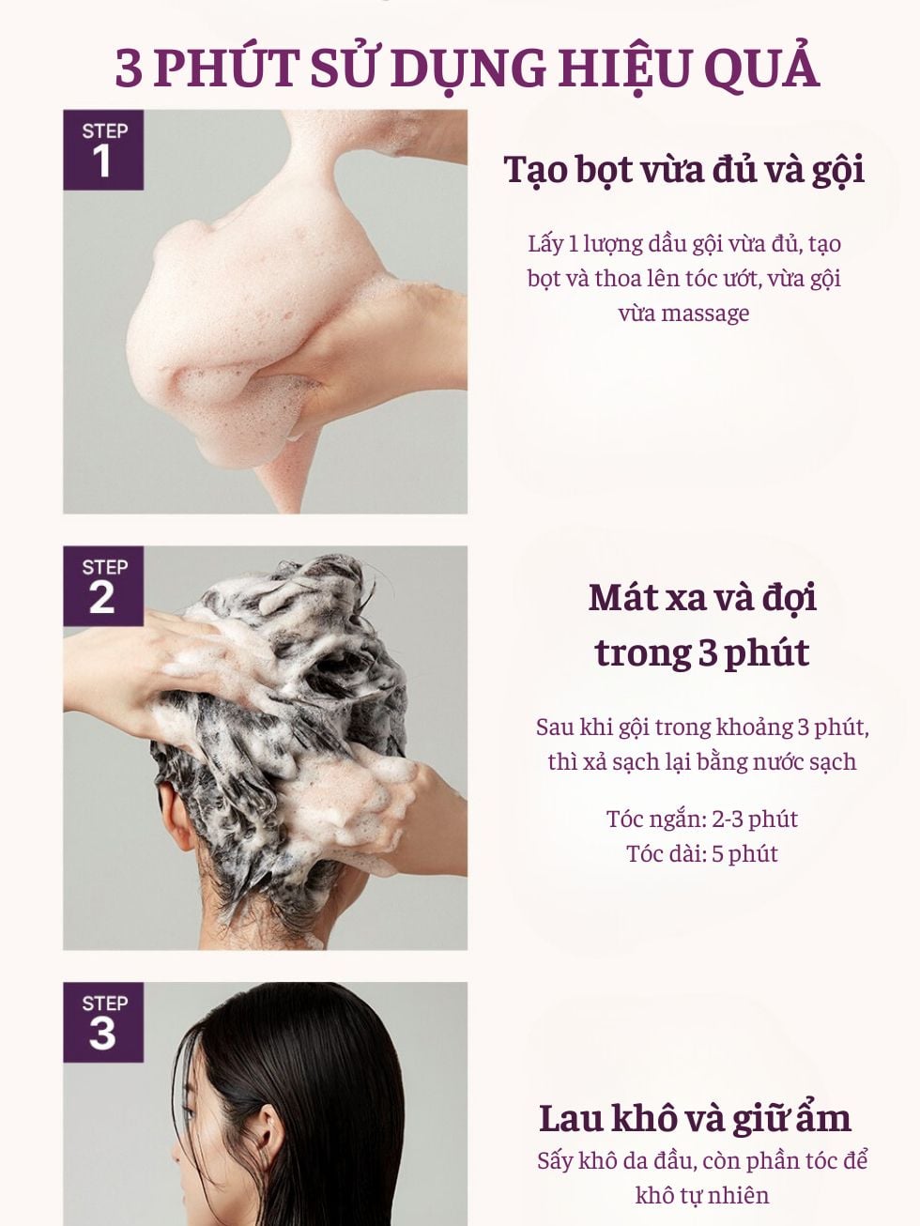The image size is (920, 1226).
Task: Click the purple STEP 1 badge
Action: pyautogui.click(x=103, y=149)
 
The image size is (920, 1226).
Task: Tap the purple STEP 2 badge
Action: pyautogui.click(x=103, y=586)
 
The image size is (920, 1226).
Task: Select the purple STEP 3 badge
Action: pyautogui.click(x=103, y=1022)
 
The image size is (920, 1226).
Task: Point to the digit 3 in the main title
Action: pyautogui.click(x=129, y=69)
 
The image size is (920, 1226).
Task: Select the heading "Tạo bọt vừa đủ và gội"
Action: pyautogui.click(x=684, y=170)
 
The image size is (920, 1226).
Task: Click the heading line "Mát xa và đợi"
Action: pyautogui.click(x=702, y=598)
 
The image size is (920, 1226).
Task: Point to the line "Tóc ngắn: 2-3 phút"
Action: pyautogui.click(x=702, y=819)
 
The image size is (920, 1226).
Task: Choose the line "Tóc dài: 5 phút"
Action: pyautogui.click(x=702, y=853)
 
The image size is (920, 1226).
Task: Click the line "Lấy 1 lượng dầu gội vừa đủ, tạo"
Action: pyautogui.click(x=684, y=245)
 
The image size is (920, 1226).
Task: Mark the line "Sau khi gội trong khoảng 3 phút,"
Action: pyautogui.click(x=702, y=728)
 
